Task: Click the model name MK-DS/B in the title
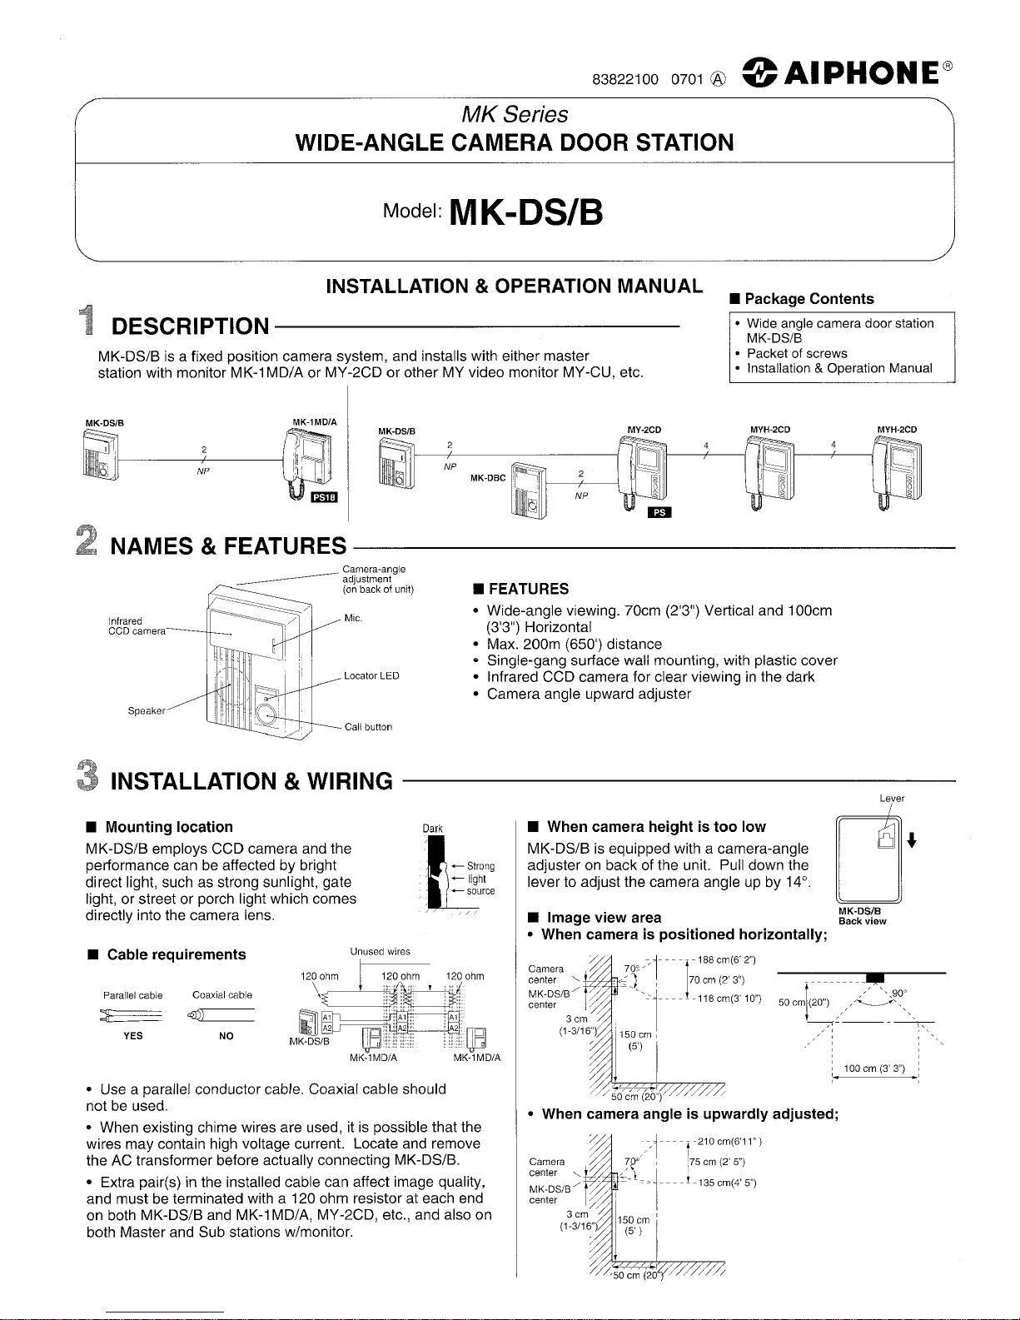pos(525,212)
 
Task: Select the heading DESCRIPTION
pos(191,326)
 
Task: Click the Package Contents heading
pos(809,299)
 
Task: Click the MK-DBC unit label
pos(488,478)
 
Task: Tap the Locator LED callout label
pos(371,675)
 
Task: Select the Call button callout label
pos(368,727)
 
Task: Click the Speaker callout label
pos(147,711)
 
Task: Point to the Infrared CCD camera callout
pos(126,625)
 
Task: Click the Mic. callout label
pos(353,619)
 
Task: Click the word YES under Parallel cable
pos(132,1036)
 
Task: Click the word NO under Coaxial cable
pos(226,1036)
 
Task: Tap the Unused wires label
pos(380,951)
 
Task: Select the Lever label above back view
pos(892,799)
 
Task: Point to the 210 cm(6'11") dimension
pos(729,1141)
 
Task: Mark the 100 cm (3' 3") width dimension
pos(874,1068)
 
